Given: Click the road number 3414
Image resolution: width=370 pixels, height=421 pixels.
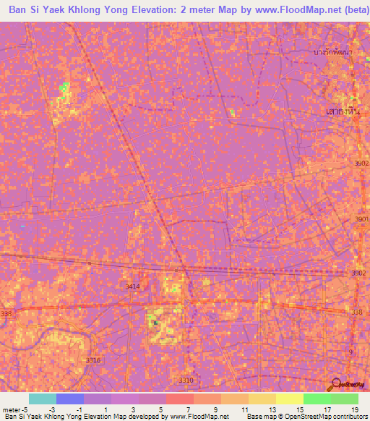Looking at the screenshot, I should pyautogui.click(x=132, y=287).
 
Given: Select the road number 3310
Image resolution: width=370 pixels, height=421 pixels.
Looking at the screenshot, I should pyautogui.click(x=186, y=380).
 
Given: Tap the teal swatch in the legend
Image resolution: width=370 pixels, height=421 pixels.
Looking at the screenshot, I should pyautogui.click(x=42, y=399).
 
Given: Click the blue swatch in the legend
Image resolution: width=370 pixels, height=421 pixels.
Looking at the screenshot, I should pyautogui.click(x=69, y=399).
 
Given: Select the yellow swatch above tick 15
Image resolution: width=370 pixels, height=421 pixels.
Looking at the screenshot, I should pyautogui.click(x=289, y=399).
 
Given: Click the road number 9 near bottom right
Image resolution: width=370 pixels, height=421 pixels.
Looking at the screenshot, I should pyautogui.click(x=351, y=352).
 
